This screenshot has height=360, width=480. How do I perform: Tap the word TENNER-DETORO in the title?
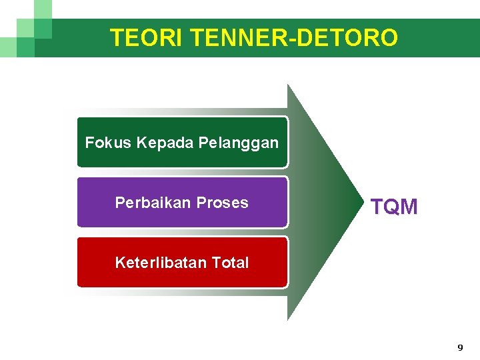(294, 38)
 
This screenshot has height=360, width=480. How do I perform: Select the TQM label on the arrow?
(394, 207)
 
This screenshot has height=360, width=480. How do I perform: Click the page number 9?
(460, 347)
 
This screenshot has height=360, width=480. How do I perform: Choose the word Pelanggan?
(239, 143)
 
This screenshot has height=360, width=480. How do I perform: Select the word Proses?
(225, 203)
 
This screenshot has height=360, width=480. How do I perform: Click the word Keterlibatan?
(161, 263)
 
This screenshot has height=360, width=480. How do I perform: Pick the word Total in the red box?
(229, 263)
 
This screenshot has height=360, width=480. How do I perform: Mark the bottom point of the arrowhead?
(288, 319)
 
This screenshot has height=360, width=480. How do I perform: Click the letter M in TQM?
(409, 207)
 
